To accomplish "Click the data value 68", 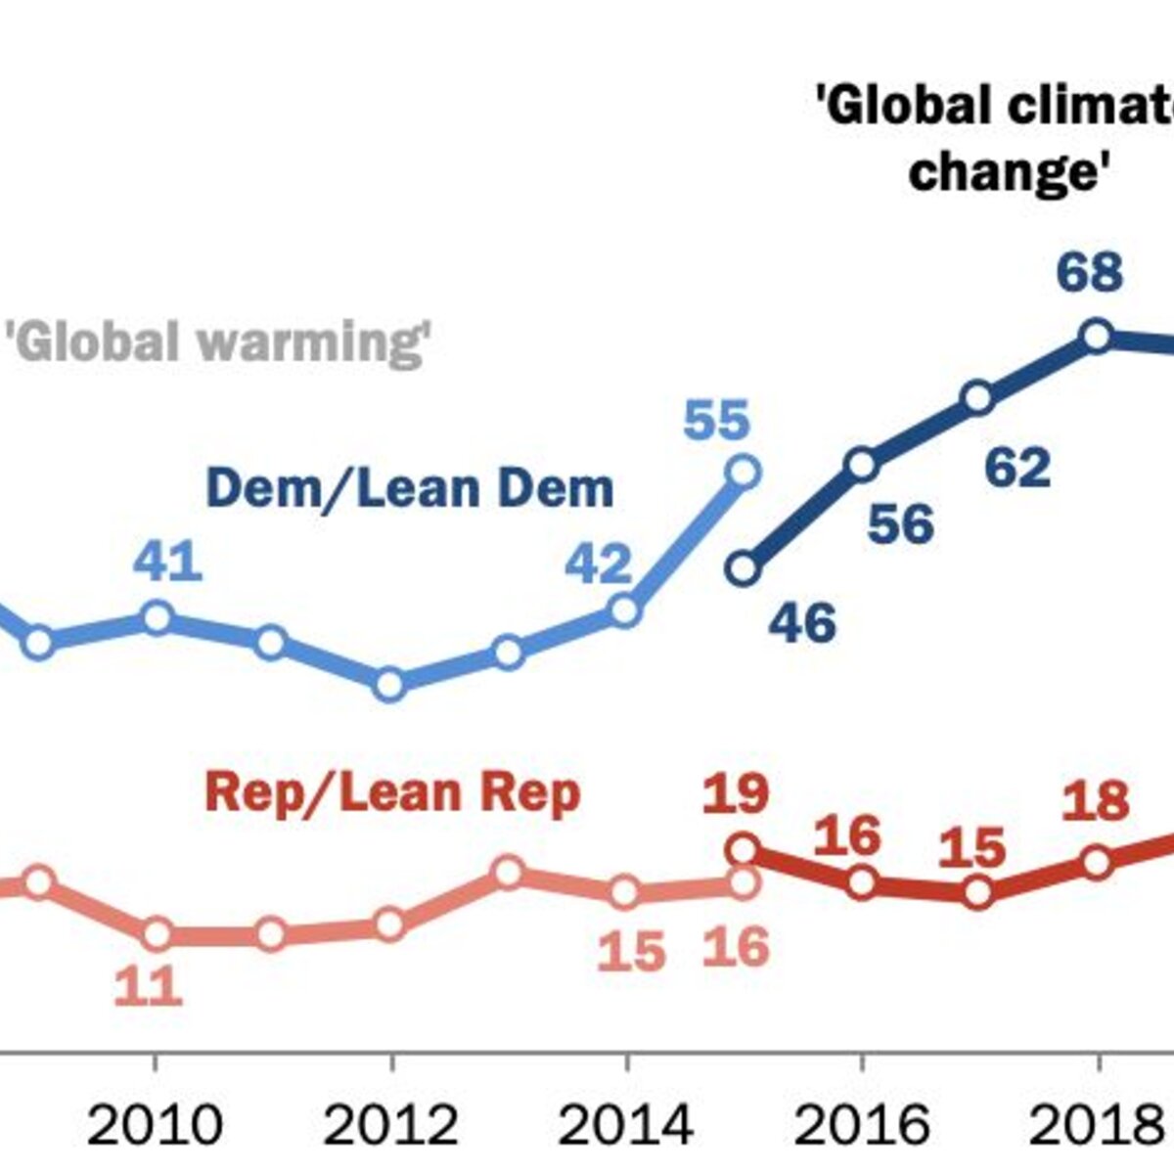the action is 1090,273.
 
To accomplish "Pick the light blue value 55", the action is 716,420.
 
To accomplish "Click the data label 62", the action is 1018,468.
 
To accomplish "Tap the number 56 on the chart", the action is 901,524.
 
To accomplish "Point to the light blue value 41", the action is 167,562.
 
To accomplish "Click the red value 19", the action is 736,793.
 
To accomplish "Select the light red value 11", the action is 149,986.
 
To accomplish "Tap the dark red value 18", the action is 1096,800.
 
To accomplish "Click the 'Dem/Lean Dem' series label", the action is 410,488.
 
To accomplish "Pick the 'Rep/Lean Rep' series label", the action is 393,792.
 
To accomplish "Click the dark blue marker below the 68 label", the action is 1097,336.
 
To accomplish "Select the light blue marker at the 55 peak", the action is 744,472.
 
